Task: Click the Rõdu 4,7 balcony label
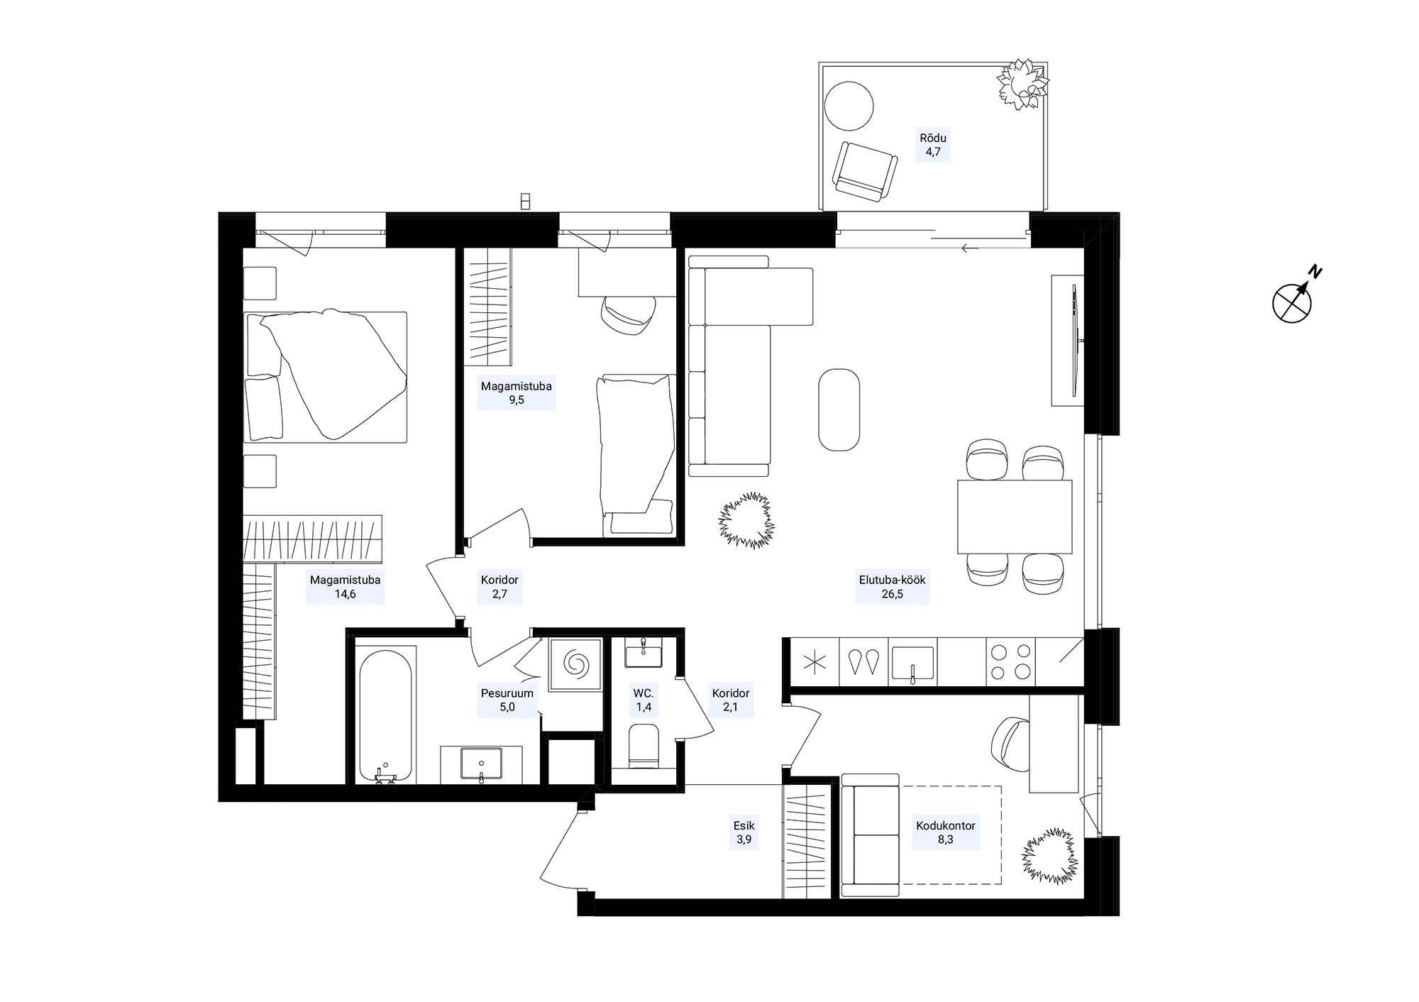(x=933, y=145)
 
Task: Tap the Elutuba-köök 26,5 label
(x=892, y=587)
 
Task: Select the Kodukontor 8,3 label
(x=945, y=832)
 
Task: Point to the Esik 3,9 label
(x=744, y=832)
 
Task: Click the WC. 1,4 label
(x=644, y=700)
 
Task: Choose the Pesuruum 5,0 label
(x=507, y=700)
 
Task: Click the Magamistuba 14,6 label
(x=345, y=587)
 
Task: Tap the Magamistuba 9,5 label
(x=516, y=394)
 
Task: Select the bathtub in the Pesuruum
(x=385, y=715)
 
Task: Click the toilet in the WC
(x=644, y=745)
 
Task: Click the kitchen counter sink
(x=912, y=663)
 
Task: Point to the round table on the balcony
(x=849, y=106)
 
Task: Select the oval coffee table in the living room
(x=839, y=409)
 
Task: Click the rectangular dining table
(x=1014, y=517)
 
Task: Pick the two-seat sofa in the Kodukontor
(x=870, y=835)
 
